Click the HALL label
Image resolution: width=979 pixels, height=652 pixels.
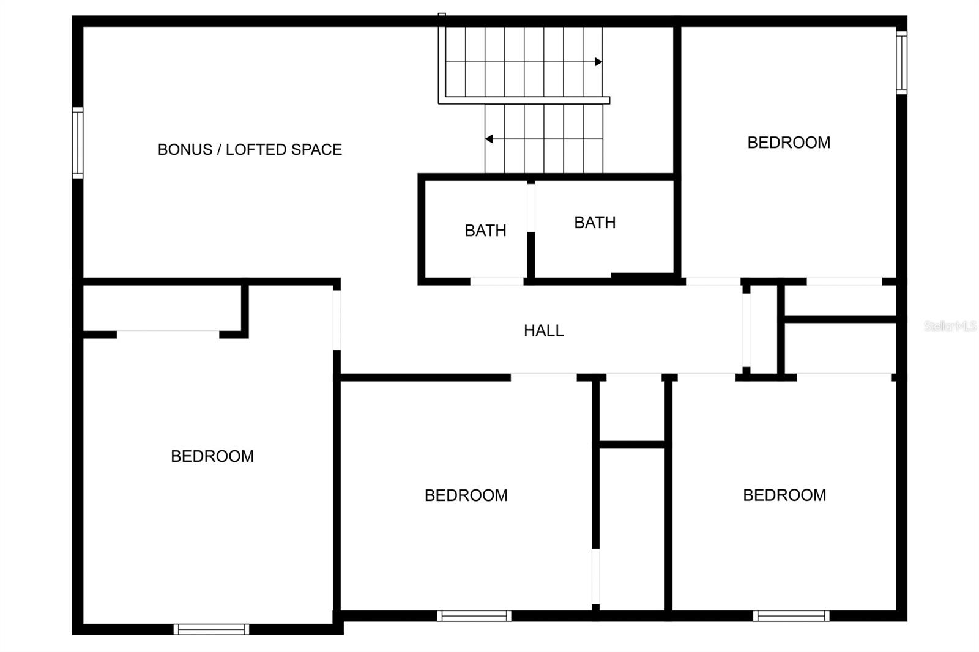click(x=543, y=331)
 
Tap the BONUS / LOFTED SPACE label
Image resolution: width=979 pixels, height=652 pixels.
click(x=250, y=149)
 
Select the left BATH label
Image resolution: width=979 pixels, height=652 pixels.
click(x=485, y=231)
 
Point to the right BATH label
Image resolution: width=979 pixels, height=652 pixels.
click(x=595, y=223)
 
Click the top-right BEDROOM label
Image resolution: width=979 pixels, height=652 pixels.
click(x=789, y=143)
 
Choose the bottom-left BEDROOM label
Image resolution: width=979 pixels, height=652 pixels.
click(x=212, y=456)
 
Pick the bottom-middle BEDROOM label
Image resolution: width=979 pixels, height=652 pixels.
click(x=466, y=495)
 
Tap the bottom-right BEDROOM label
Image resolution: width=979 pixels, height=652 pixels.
click(x=784, y=495)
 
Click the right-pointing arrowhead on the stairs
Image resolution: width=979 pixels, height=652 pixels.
click(x=598, y=62)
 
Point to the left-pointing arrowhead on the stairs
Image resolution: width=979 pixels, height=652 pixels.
click(x=489, y=139)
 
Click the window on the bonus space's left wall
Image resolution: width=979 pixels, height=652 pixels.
click(x=78, y=143)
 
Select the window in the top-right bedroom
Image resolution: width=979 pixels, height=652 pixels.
click(x=901, y=62)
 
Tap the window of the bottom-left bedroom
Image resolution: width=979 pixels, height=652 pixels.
click(x=211, y=629)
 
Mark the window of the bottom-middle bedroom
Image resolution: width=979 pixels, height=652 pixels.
click(x=474, y=616)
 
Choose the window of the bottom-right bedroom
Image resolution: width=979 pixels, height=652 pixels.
click(x=791, y=616)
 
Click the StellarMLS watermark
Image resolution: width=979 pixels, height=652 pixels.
click(x=950, y=326)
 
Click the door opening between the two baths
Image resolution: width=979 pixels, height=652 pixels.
click(x=531, y=207)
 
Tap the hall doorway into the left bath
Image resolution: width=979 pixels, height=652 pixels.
click(x=497, y=282)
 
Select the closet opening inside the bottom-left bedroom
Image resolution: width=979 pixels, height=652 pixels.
click(x=168, y=334)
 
